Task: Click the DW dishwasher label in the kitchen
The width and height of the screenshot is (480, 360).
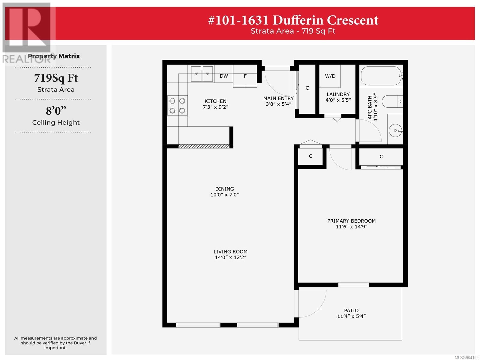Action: pyautogui.click(x=224, y=76)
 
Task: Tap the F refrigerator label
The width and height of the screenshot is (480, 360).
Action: pyautogui.click(x=245, y=76)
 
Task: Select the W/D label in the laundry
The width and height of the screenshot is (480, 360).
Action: pyautogui.click(x=330, y=76)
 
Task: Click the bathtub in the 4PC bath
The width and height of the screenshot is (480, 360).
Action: pyautogui.click(x=382, y=76)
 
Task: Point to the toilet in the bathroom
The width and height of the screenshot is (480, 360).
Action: pyautogui.click(x=392, y=101)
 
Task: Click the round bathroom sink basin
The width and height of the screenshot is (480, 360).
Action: pyautogui.click(x=395, y=130)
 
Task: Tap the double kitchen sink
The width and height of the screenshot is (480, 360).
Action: pyautogui.click(x=202, y=74)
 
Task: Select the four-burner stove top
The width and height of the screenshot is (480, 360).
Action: pyautogui.click(x=177, y=106)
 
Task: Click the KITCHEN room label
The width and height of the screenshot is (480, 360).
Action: pyautogui.click(x=215, y=101)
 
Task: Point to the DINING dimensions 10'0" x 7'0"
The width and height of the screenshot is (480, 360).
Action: pyautogui.click(x=225, y=194)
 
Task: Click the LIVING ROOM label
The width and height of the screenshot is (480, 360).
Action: pyautogui.click(x=230, y=252)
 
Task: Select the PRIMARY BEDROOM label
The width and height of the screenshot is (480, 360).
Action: pyautogui.click(x=351, y=221)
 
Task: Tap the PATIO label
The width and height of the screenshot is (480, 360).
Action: pyautogui.click(x=351, y=310)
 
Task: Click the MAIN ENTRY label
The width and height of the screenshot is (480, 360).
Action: pyautogui.click(x=278, y=98)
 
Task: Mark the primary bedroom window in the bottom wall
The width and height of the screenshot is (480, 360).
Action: pyautogui.click(x=353, y=285)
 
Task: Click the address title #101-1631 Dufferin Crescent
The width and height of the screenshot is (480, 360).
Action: pyautogui.click(x=293, y=20)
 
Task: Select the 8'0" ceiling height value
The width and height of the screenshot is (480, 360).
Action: pyautogui.click(x=56, y=111)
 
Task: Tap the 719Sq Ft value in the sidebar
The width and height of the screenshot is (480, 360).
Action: pyautogui.click(x=56, y=78)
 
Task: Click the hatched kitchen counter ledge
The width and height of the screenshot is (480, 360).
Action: pyautogui.click(x=204, y=146)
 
